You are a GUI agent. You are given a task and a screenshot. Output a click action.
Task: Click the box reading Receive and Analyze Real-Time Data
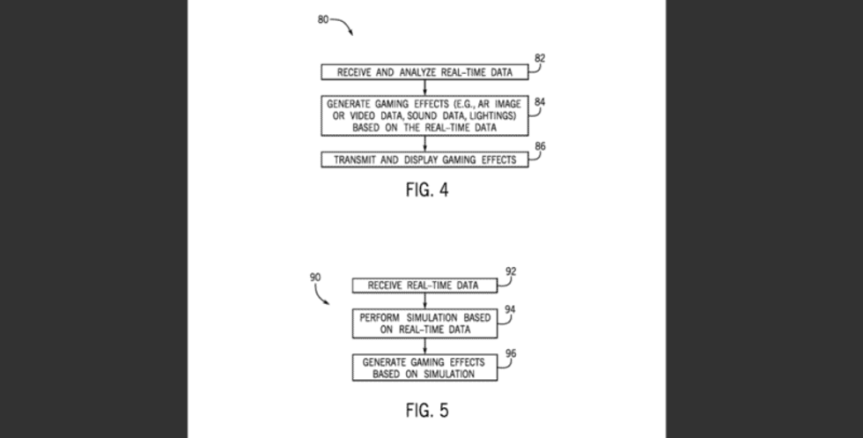click(x=425, y=71)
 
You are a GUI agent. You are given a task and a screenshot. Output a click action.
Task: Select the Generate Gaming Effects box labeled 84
click(x=425, y=115)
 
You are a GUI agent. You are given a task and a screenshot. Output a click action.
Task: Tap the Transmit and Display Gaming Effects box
click(x=425, y=160)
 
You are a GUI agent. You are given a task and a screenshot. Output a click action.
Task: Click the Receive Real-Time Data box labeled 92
click(x=425, y=286)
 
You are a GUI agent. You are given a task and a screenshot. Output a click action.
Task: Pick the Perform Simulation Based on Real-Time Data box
click(x=425, y=323)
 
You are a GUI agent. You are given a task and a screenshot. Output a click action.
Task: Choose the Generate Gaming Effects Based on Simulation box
click(x=425, y=367)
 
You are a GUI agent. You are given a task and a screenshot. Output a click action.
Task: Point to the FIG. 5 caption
click(x=427, y=411)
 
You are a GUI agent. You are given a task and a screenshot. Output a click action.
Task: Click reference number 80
click(x=323, y=19)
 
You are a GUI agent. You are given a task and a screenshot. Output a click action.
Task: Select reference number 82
click(x=540, y=58)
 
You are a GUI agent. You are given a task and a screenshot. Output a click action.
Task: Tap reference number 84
click(x=540, y=102)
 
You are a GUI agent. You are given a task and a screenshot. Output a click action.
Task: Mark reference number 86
click(x=540, y=146)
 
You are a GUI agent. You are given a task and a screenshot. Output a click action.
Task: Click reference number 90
click(x=315, y=277)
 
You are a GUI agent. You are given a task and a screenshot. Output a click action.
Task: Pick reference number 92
click(x=511, y=271)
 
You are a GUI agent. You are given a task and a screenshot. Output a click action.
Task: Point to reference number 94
click(x=511, y=310)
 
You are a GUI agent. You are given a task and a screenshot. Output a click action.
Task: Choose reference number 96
click(x=511, y=353)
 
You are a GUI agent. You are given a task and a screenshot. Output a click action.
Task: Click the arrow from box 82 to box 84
click(x=425, y=87)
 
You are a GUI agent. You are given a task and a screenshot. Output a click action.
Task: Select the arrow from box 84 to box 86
click(x=425, y=144)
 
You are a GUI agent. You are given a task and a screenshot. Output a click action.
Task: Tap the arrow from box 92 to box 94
click(x=425, y=301)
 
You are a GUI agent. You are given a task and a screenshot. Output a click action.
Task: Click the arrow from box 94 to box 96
click(x=425, y=346)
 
